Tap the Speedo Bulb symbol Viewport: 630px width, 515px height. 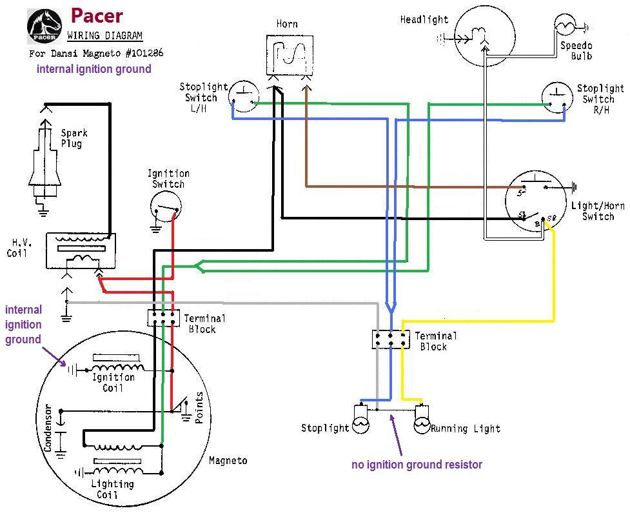[x=566, y=26]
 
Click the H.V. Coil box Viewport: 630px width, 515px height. [x=81, y=250]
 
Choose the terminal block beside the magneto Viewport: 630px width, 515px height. [x=164, y=318]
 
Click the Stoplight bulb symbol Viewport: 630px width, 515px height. [x=360, y=421]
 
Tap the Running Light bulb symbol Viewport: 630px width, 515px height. [x=422, y=421]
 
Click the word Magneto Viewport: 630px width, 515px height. [x=228, y=461]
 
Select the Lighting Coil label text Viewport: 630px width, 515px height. [x=113, y=489]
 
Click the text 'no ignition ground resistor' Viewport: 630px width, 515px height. [x=417, y=465]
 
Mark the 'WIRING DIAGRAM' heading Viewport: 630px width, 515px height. [x=105, y=35]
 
